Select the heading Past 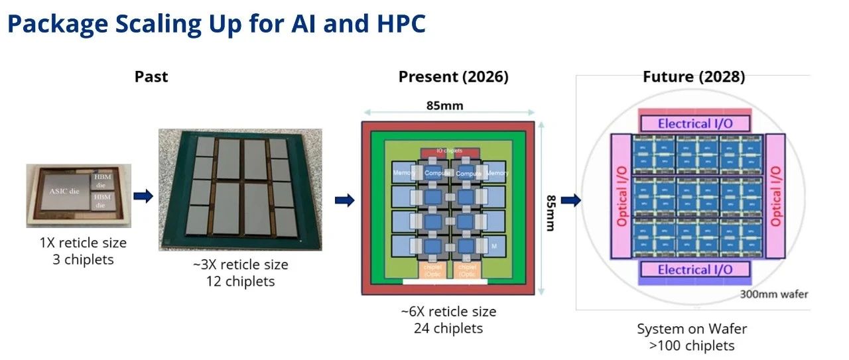point(151,77)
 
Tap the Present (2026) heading point(453,77)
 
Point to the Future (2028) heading point(694,77)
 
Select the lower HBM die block point(103,200)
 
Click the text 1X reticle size point(83,243)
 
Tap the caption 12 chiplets point(240,281)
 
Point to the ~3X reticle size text point(240,265)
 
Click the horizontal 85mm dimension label point(444,105)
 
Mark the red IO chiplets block point(449,152)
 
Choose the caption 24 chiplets point(448,328)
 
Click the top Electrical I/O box point(695,123)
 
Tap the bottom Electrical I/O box point(695,269)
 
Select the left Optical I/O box point(621,196)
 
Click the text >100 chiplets point(692,345)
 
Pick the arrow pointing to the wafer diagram point(570,200)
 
